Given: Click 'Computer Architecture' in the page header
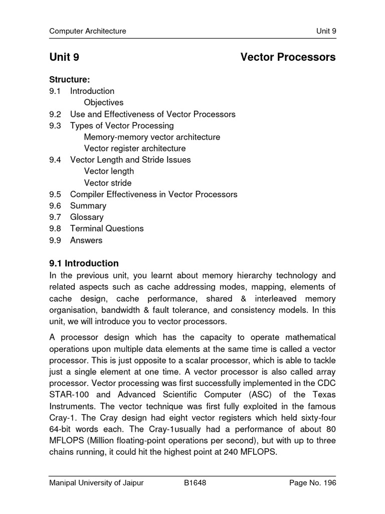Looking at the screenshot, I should tap(88, 31).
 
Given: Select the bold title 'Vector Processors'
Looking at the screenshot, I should tap(288, 57).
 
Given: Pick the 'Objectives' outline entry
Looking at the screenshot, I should tap(104, 102).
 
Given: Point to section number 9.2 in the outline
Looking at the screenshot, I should tap(55, 114).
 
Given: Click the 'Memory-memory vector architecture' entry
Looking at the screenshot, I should tap(152, 137).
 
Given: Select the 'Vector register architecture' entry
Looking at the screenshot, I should tap(134, 149).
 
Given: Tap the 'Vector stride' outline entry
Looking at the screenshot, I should tap(108, 183).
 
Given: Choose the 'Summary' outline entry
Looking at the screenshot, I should tap(88, 206).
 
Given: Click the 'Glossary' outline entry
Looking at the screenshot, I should tap(87, 217).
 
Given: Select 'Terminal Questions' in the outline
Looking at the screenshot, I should tap(107, 228).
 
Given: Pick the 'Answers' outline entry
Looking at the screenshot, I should tap(86, 240).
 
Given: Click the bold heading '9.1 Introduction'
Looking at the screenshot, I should tap(84, 263).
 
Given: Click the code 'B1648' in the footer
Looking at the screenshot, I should tap(195, 483).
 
